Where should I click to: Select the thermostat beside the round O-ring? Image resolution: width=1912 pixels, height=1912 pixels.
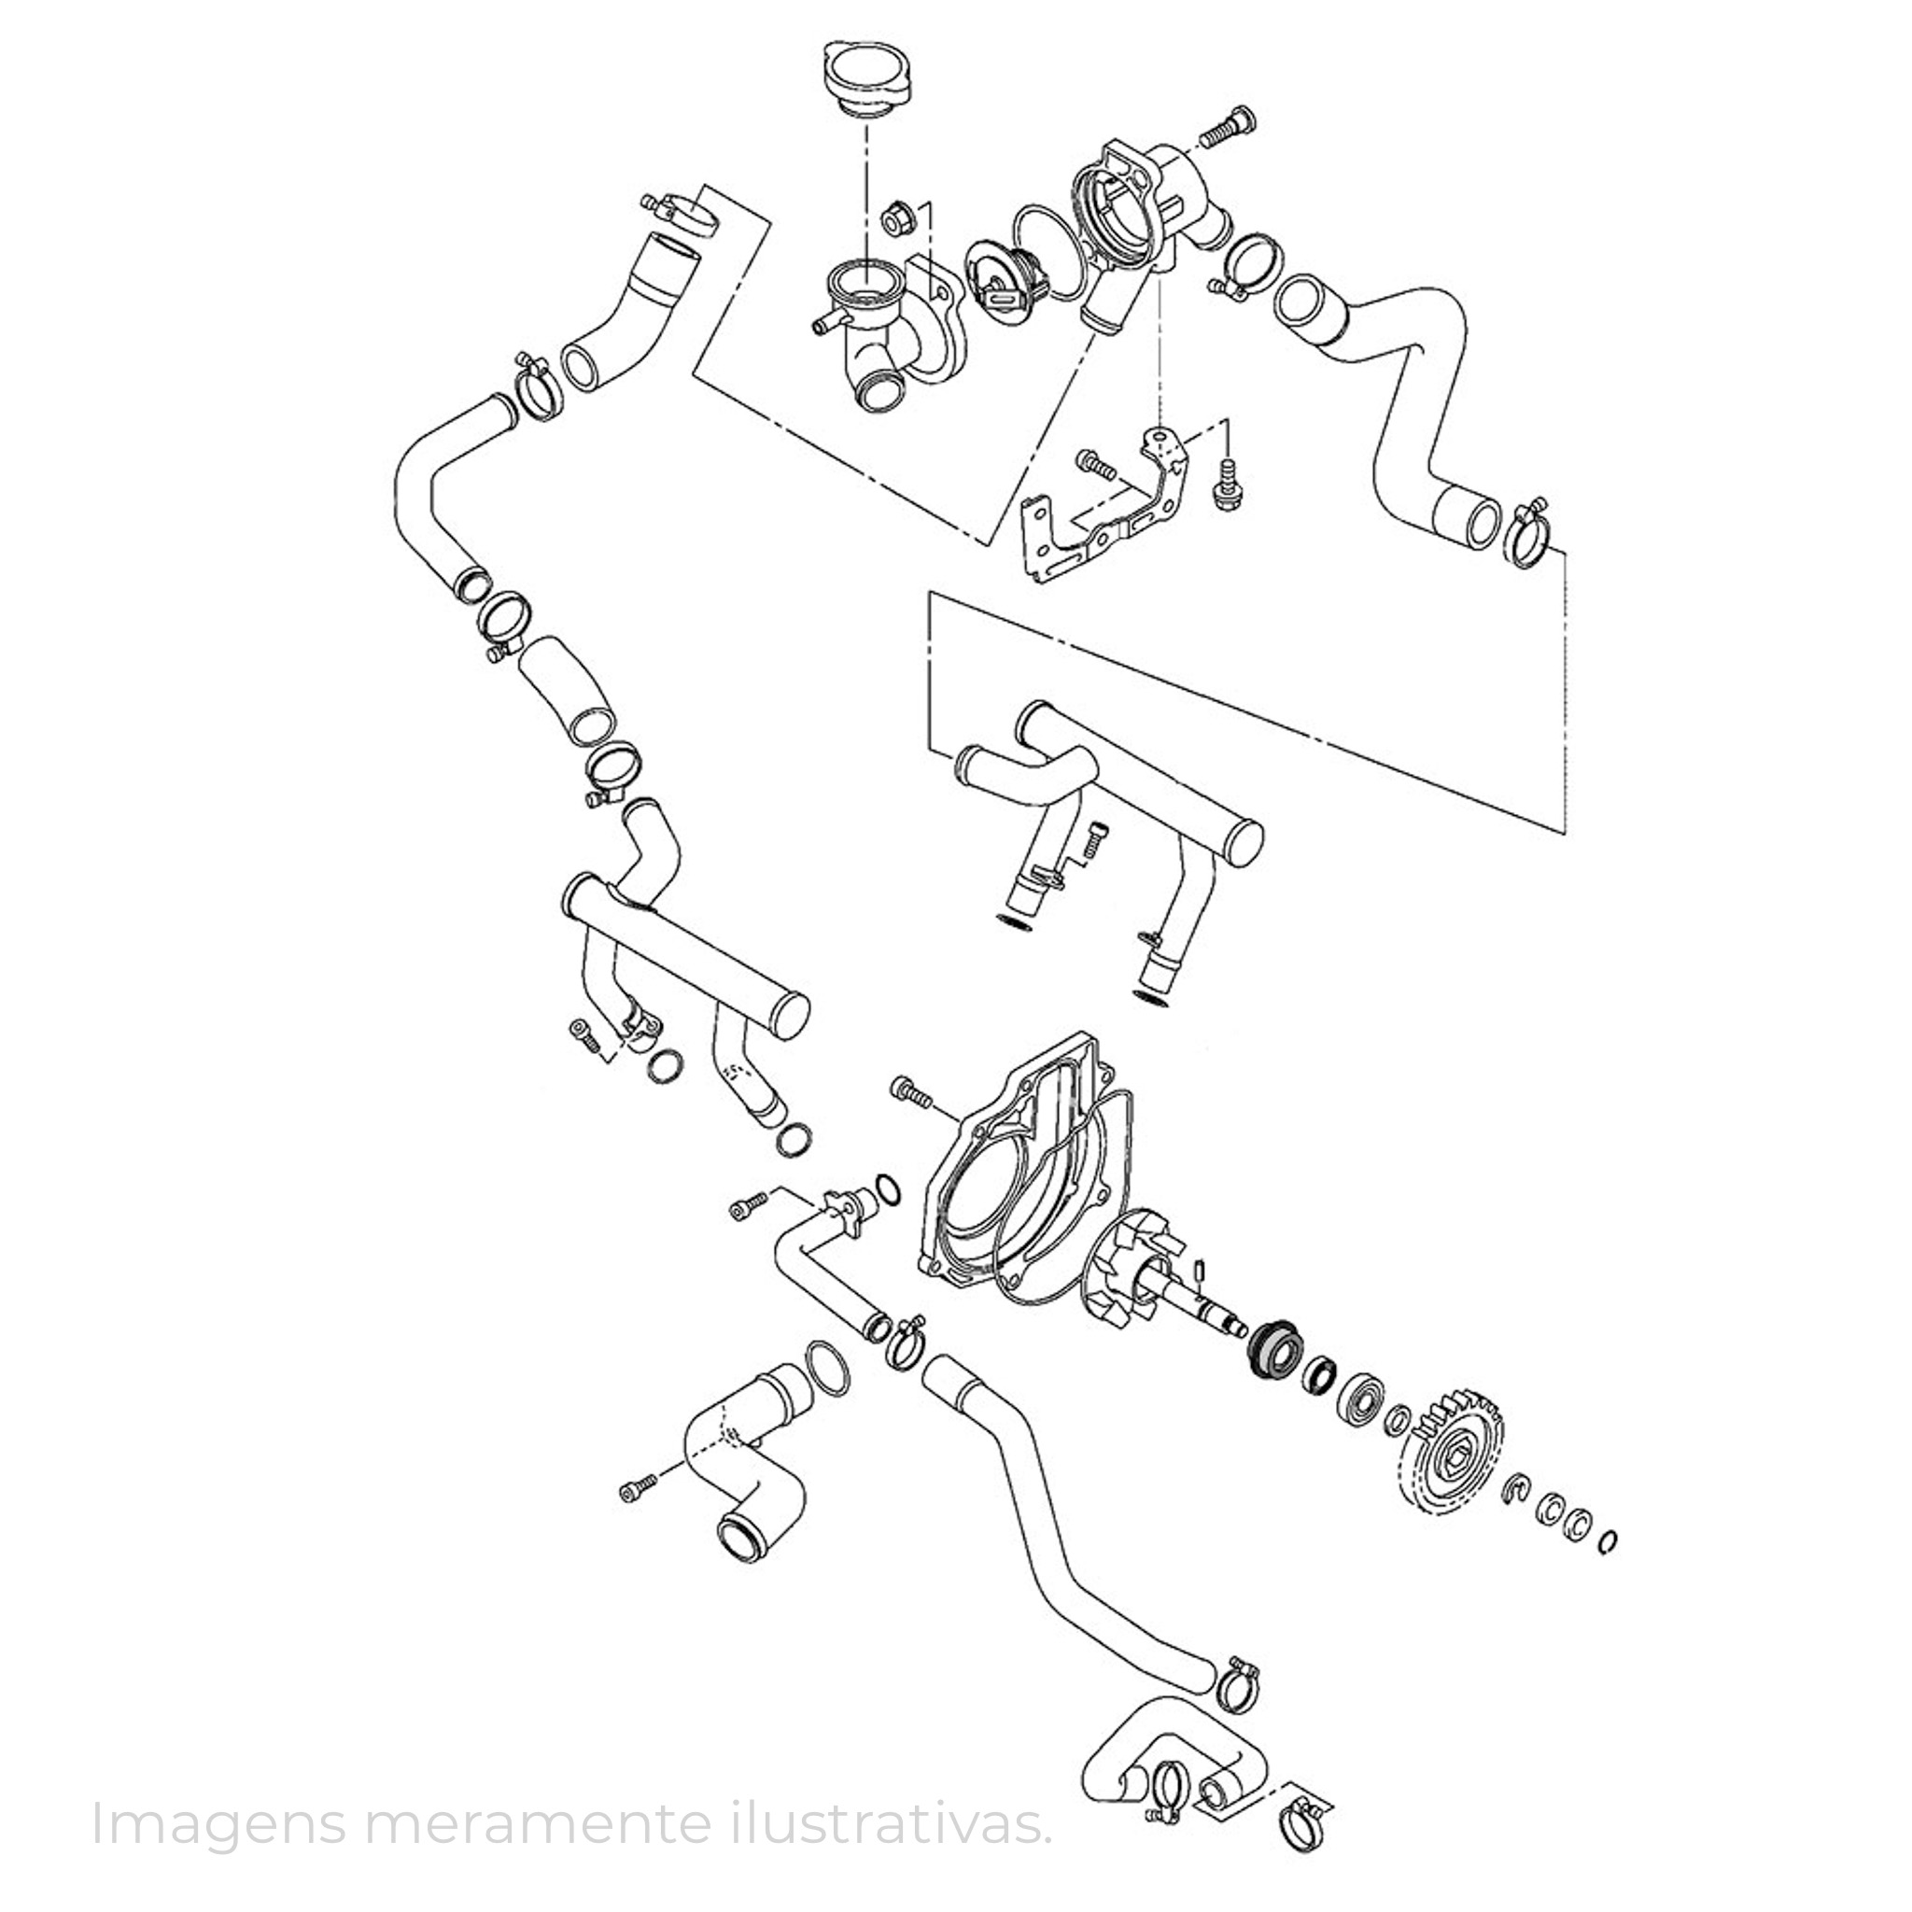coord(1005,280)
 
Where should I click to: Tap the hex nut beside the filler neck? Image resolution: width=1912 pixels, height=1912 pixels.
coord(894,219)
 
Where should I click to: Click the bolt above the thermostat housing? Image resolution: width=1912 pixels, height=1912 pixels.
coord(1231,126)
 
